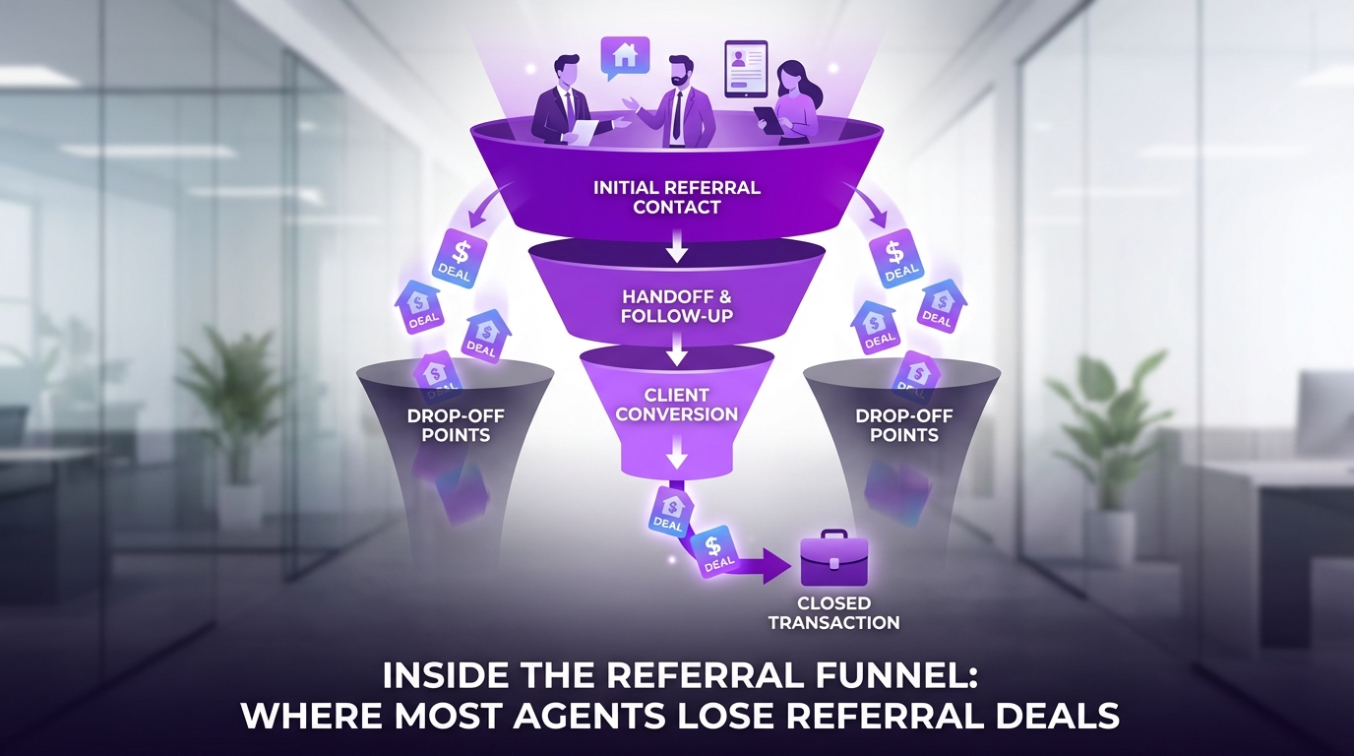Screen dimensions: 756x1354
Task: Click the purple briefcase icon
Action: tap(832, 563)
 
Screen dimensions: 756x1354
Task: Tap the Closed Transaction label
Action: tap(833, 612)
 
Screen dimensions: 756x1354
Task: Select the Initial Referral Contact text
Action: tap(676, 197)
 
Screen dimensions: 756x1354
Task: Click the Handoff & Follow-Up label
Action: tap(676, 305)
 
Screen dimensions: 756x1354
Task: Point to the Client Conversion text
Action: tap(676, 405)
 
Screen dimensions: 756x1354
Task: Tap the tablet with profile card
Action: tap(747, 68)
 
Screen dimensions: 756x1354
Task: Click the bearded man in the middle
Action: tap(677, 98)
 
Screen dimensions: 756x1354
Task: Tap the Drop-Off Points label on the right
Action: tap(903, 424)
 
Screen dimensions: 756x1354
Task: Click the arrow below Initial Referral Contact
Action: tap(676, 247)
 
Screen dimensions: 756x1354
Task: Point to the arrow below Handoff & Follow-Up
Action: tap(676, 349)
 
